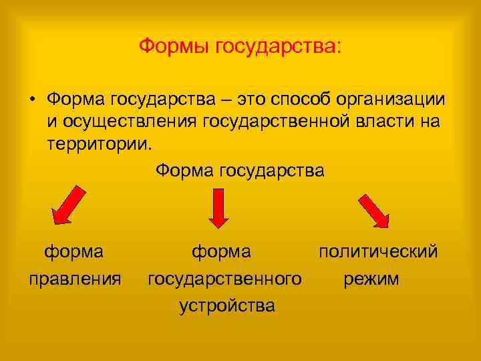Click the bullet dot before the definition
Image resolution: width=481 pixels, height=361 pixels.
31,100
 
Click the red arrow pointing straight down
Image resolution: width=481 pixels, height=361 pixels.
219,207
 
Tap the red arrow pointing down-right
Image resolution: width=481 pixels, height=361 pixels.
374,211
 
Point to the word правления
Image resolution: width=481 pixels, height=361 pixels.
75,277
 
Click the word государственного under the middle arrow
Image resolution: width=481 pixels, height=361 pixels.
224,277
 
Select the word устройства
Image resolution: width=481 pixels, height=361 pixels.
226,306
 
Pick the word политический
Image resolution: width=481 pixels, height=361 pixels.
378,251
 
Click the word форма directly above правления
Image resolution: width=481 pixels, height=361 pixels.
73,251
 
